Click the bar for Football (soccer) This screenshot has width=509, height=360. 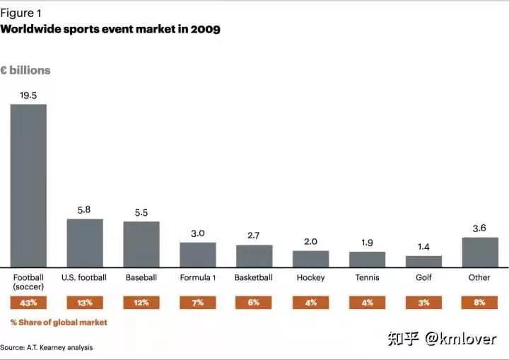pyautogui.click(x=28, y=185)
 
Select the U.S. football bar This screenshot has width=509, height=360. pyautogui.click(x=85, y=243)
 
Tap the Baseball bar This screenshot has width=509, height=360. pyautogui.click(x=141, y=244)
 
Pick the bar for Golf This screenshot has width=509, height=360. pyautogui.click(x=423, y=261)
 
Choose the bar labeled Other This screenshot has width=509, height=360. pyautogui.click(x=480, y=252)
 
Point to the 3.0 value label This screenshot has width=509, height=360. pyautogui.click(x=197, y=233)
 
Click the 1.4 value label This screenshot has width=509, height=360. pyautogui.click(x=423, y=247)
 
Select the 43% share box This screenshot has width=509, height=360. pyautogui.click(x=28, y=303)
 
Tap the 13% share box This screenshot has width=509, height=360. pyautogui.click(x=85, y=303)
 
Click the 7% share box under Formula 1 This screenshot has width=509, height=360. pyautogui.click(x=197, y=303)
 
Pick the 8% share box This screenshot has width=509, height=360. pyautogui.click(x=480, y=303)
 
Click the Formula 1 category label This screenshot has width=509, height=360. pyautogui.click(x=197, y=278)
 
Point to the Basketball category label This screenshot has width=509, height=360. pyautogui.click(x=254, y=278)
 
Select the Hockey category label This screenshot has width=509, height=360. pyautogui.click(x=310, y=278)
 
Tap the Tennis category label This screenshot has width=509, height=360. pyautogui.click(x=367, y=278)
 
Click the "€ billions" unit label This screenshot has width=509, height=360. pyautogui.click(x=25, y=71)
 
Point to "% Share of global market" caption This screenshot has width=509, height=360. pyautogui.click(x=59, y=323)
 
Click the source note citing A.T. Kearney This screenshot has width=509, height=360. pyautogui.click(x=46, y=347)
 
